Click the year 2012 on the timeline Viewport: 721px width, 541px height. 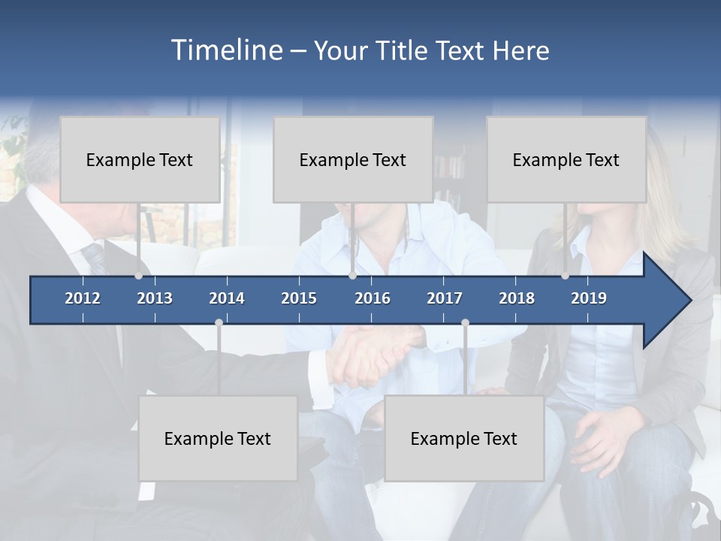point(83,298)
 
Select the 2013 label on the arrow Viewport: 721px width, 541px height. point(155,298)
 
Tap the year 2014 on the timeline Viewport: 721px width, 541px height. point(227,298)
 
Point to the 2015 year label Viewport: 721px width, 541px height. point(299,298)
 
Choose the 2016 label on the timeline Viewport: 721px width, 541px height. point(373,298)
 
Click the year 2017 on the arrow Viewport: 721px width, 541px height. point(445,298)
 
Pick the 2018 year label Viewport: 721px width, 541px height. point(517,298)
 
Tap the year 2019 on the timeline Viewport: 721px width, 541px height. point(589,298)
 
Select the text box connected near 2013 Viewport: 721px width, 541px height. point(140,159)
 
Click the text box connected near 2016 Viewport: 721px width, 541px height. point(353,159)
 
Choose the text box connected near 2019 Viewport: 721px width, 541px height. point(566,159)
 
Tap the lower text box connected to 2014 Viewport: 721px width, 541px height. point(218,438)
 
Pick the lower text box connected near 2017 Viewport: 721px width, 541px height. point(464,438)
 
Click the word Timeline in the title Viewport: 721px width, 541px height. point(226,50)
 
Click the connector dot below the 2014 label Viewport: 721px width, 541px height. point(219,322)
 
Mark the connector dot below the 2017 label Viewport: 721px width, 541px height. point(465,322)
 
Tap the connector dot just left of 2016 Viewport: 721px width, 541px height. point(352,276)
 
